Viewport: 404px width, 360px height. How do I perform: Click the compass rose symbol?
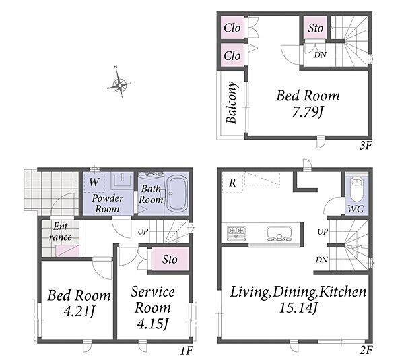pos(120,83)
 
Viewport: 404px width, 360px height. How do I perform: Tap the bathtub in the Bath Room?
pos(177,193)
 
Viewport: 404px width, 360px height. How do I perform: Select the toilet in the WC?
pos(357,190)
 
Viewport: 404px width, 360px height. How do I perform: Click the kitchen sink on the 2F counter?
pos(279,233)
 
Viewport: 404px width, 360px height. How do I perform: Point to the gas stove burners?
pos(236,233)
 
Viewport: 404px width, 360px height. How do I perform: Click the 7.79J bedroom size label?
pos(308,112)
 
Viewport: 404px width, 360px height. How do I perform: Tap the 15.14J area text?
pos(299,307)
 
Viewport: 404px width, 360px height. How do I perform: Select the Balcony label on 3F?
pos(231,102)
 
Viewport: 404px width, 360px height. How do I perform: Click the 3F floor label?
pos(366,146)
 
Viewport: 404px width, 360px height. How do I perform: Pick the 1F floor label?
pos(186,350)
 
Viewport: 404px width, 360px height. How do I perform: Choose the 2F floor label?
pos(366,350)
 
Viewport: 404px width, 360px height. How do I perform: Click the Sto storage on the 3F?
pos(315,28)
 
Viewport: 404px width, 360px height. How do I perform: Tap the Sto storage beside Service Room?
pos(170,259)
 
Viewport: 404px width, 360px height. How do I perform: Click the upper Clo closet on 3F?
pos(232,28)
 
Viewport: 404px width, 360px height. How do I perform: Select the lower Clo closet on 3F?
pos(232,55)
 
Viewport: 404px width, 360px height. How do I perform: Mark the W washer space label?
pos(94,182)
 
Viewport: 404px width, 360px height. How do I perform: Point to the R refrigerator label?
pos(232,183)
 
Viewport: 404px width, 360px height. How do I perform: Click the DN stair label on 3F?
pos(321,55)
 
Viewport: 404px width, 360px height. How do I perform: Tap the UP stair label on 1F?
pos(143,231)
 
